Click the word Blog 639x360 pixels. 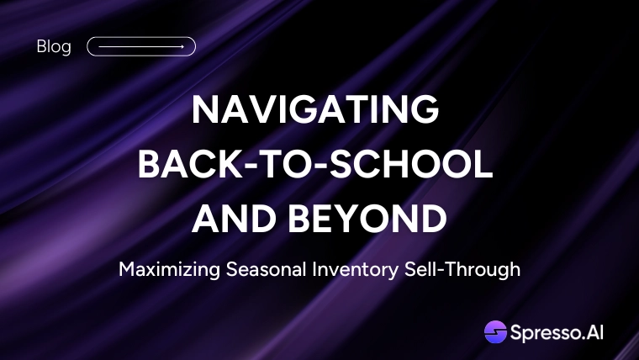click(54, 47)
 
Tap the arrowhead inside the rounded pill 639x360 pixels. click(182, 46)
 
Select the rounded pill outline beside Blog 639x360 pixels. click(141, 37)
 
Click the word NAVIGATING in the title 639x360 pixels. click(315, 109)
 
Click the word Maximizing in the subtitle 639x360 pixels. click(170, 270)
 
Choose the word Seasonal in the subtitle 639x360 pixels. click(267, 269)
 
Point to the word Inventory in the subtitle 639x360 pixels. click(356, 270)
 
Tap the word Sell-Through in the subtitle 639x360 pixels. click(462, 270)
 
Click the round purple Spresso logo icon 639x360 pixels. click(495, 332)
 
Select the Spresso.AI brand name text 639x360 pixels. click(557, 333)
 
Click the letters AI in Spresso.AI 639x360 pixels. click(594, 332)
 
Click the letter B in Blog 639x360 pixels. click(40, 46)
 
